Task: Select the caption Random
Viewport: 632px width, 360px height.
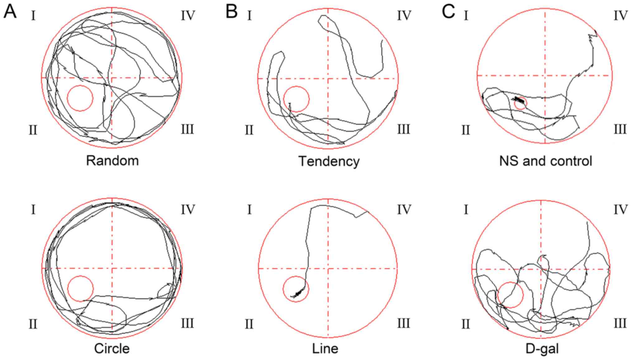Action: [112, 161]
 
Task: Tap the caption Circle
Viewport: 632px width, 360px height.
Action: [112, 349]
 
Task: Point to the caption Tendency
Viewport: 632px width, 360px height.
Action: [329, 161]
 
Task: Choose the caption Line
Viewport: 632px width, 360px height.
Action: [325, 349]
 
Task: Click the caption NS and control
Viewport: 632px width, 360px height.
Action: [545, 161]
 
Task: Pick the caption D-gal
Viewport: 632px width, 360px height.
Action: [542, 349]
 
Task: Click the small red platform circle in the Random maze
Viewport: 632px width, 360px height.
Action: [80, 98]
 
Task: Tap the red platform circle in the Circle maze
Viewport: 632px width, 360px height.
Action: [80, 289]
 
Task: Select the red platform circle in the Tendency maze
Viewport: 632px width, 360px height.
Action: [296, 99]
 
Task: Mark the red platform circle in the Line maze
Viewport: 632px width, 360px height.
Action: [296, 289]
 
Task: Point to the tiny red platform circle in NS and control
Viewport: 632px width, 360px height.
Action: [520, 103]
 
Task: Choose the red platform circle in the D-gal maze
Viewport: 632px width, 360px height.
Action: [510, 295]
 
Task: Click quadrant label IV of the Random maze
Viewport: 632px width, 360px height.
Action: [188, 16]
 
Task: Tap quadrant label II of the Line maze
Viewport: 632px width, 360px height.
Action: [249, 324]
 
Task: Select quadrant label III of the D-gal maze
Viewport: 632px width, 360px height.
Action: [620, 324]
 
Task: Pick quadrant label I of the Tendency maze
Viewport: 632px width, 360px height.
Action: [249, 15]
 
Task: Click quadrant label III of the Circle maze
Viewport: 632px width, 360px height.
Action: [187, 324]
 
